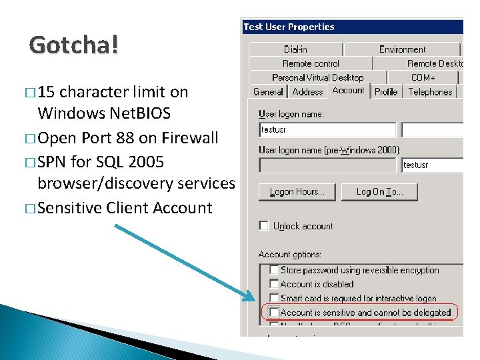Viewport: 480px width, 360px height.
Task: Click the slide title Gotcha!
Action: [x=74, y=45]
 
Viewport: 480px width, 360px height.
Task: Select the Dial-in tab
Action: [x=295, y=49]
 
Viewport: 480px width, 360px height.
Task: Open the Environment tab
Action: [x=402, y=49]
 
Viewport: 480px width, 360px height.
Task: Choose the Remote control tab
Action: [x=311, y=63]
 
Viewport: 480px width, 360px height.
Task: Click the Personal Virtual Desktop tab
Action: [x=317, y=78]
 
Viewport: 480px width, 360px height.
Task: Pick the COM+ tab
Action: [x=423, y=78]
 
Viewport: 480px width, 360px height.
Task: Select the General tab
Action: [x=268, y=92]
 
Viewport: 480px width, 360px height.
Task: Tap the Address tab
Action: [x=307, y=92]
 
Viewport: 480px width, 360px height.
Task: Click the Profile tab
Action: [x=386, y=92]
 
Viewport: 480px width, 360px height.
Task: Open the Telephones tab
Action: [x=430, y=92]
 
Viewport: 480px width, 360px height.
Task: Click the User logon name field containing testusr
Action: [x=327, y=130]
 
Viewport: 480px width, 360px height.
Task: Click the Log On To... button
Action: [x=379, y=192]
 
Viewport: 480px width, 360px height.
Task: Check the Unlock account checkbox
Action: [x=264, y=226]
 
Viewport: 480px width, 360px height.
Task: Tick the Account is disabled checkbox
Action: [x=274, y=284]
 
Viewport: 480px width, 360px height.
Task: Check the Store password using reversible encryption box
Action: [x=274, y=270]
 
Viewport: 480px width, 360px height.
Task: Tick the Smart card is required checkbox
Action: [x=274, y=298]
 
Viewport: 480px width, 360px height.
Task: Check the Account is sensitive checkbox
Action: [x=274, y=312]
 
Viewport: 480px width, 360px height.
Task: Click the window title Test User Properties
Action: [x=289, y=27]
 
